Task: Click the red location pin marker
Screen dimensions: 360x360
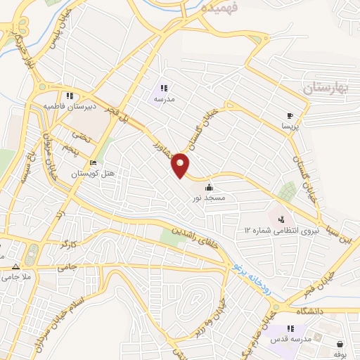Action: click(181, 165)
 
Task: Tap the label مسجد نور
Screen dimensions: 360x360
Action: click(210, 198)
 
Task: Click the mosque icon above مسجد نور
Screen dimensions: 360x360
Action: click(210, 187)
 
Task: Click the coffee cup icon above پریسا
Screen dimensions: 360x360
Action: click(290, 115)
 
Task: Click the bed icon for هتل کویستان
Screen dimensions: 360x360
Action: click(94, 164)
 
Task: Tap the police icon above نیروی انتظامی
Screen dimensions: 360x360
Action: click(281, 219)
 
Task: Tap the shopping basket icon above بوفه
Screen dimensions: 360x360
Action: click(341, 344)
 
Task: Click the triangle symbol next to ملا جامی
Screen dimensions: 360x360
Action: click(15, 266)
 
